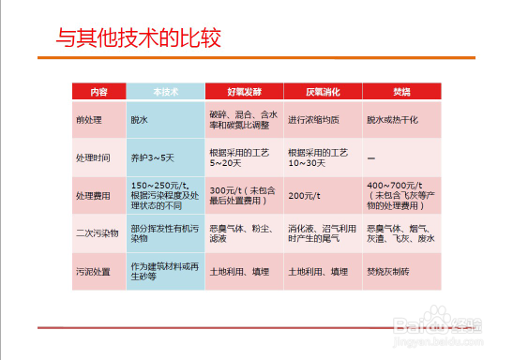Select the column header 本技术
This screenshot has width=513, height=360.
[x=166, y=92]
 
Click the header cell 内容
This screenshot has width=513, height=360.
[x=99, y=92]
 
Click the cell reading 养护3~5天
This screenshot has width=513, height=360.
[x=151, y=157]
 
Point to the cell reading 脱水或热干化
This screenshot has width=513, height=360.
[x=396, y=120]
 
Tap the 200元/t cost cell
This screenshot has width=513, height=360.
[x=303, y=195]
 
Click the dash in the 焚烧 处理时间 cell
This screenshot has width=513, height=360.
[x=371, y=157]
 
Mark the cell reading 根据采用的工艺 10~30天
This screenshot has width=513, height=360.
[x=318, y=157]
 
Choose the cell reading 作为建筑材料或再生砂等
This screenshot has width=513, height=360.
[x=164, y=270]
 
